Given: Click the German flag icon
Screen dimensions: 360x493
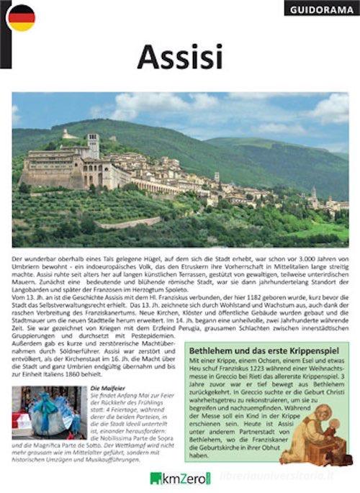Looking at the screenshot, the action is [x=22, y=17].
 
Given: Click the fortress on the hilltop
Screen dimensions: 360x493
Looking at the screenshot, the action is [x=68, y=134].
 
